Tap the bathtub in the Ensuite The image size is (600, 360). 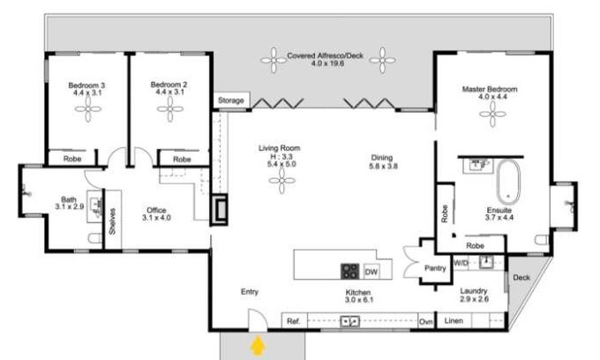point(508,183)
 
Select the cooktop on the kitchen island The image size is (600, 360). point(349,271)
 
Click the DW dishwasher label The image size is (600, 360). point(371,272)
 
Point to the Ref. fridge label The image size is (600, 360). point(294,321)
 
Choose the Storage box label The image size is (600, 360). point(231,101)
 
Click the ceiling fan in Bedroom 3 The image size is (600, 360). point(88,109)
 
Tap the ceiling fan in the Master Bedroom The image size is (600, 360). point(492,114)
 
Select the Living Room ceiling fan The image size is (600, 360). point(282,180)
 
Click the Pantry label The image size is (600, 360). point(435,268)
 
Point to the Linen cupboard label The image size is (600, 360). point(454,320)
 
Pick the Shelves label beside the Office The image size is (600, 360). point(112,221)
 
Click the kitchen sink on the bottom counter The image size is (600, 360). point(350,321)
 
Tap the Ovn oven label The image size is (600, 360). point(425,322)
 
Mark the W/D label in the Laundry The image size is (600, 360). point(461,263)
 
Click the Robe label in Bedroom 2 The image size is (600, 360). point(182,159)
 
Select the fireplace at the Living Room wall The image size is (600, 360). point(220,209)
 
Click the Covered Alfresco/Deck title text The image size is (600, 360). point(326,56)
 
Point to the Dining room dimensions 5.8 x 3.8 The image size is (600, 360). point(384,166)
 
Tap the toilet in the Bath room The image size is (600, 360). point(95,238)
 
